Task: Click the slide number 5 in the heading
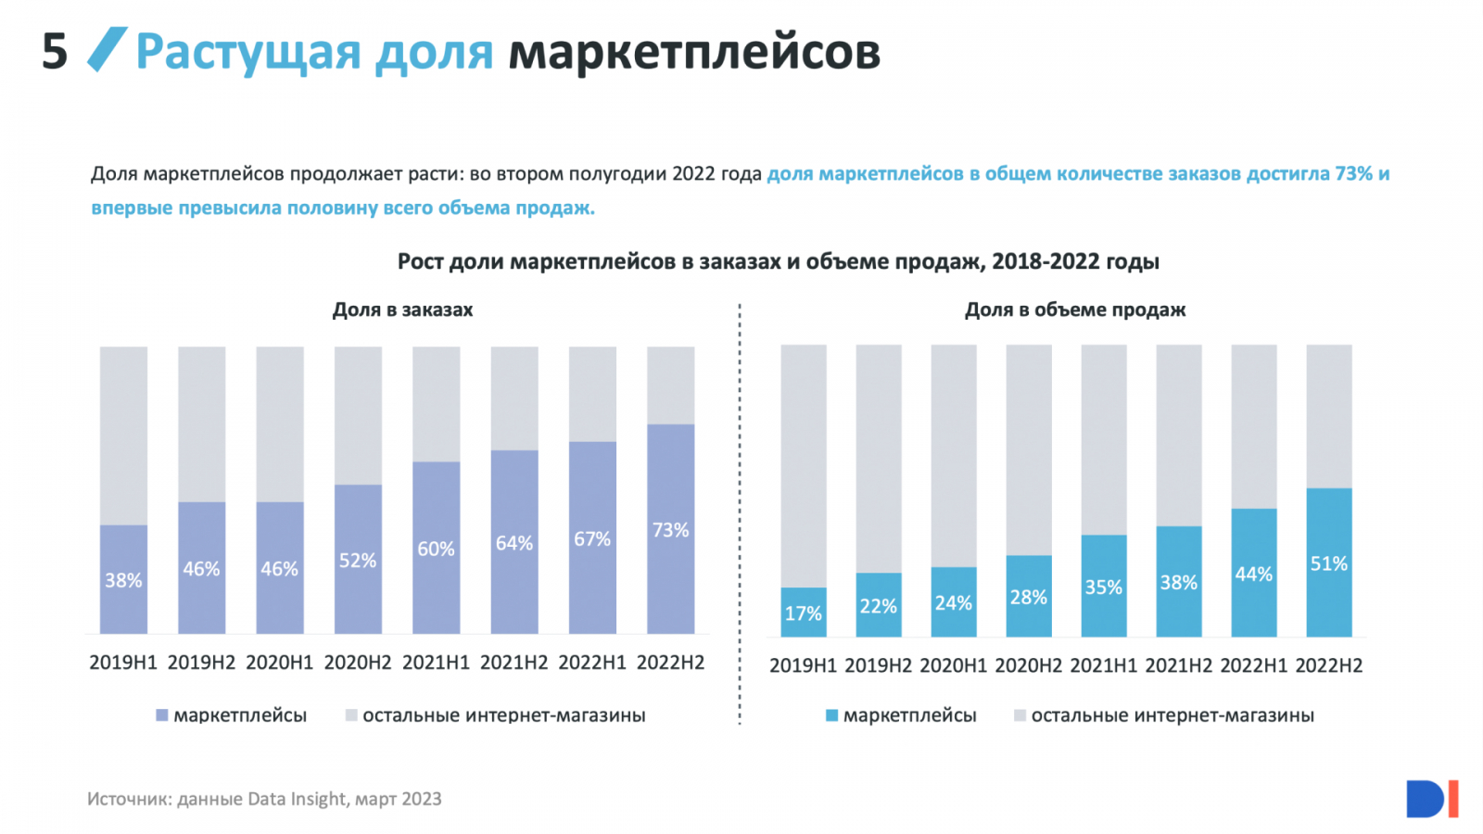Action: pos(55,52)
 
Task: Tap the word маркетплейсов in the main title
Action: pos(693,52)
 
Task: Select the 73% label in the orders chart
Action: pos(670,530)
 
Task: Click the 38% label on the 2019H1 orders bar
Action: pos(123,580)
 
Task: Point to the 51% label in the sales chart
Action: pos(1328,563)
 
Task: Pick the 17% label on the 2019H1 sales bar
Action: pos(803,613)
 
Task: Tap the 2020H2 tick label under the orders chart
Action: pos(358,663)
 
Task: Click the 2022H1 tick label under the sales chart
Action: pos(1253,665)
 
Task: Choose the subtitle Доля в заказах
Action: pos(402,310)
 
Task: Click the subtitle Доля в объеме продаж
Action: pos(1075,310)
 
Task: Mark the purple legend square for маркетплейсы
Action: pos(162,715)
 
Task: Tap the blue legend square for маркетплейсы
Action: pos(831,715)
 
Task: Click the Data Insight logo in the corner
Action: pos(1432,799)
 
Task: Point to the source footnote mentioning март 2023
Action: pos(264,799)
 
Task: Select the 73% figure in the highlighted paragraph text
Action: pos(1353,174)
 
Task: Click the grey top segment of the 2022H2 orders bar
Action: pos(670,385)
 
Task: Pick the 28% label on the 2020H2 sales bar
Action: pos(1028,598)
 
